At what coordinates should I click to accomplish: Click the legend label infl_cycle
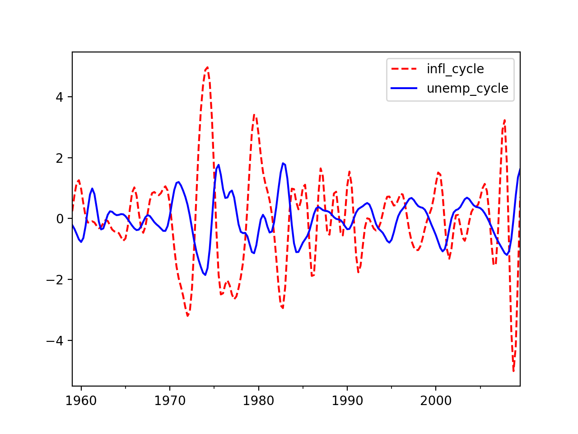[455, 69]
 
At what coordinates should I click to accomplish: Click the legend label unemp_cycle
[467, 89]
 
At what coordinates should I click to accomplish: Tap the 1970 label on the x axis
[170, 401]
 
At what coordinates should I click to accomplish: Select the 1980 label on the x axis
[259, 401]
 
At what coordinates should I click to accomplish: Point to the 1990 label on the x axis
[347, 401]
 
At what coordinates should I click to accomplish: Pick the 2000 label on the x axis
[436, 401]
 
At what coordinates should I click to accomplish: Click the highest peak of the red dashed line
[207, 67]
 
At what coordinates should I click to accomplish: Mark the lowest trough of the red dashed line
[513, 371]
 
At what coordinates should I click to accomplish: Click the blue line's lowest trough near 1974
[205, 275]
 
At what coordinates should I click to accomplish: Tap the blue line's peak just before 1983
[283, 163]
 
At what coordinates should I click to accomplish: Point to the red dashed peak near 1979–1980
[255, 114]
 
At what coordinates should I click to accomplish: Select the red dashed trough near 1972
[187, 316]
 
